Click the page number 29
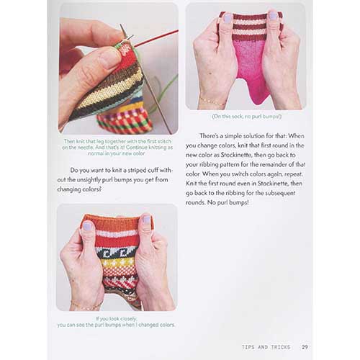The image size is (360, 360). [305, 347]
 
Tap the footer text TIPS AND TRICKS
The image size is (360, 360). [266, 347]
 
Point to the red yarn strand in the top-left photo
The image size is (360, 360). [156, 38]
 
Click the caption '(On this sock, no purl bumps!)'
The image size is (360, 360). [246, 117]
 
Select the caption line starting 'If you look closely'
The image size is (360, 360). [116, 319]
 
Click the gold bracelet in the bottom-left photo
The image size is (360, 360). [86, 305]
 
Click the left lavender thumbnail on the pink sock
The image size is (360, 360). [227, 18]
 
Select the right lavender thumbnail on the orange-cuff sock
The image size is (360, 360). [146, 220]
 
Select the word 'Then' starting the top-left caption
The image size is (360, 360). [69, 141]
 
